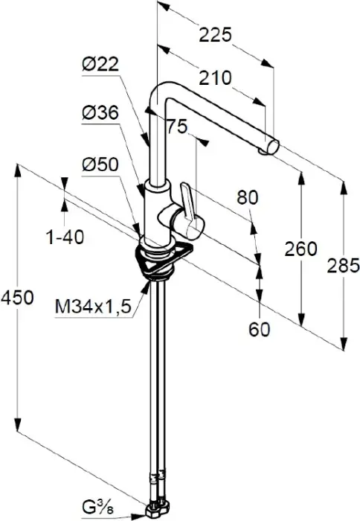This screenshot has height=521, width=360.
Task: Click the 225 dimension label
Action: tap(215, 35)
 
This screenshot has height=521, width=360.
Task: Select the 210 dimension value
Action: tap(215, 78)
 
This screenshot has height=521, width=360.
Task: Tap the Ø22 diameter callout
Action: tap(100, 64)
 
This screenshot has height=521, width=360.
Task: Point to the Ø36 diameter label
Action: tap(100, 113)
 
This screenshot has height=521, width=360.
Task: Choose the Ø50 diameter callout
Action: tap(100, 164)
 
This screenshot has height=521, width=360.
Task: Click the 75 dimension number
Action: tap(177, 127)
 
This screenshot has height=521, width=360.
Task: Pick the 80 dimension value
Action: tap(248, 198)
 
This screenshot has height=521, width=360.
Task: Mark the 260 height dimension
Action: tap(301, 249)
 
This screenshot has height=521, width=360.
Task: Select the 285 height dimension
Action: tap(344, 266)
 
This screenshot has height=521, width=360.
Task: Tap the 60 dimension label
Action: tap(260, 329)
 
